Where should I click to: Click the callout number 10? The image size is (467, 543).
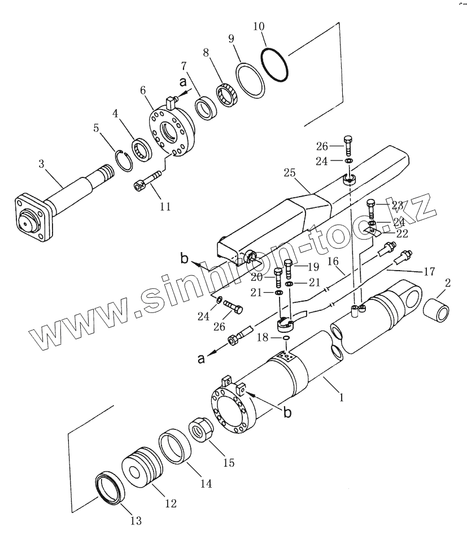pos(259,27)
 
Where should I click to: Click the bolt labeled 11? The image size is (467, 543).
pos(147,180)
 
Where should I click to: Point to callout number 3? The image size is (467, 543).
pos(42,163)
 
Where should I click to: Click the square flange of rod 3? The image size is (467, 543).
pos(34,216)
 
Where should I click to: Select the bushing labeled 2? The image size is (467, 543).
pos(437,310)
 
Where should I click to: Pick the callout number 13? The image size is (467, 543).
pos(136,520)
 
